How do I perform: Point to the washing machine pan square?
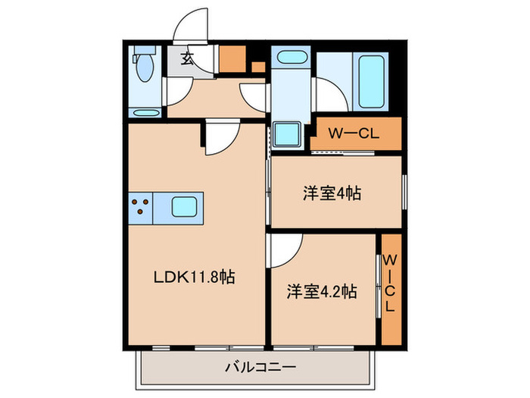pyautogui.click(x=288, y=134)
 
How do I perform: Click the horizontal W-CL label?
pyautogui.click(x=354, y=134)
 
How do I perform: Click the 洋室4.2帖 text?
pyautogui.click(x=322, y=290)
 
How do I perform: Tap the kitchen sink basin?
pyautogui.click(x=185, y=206)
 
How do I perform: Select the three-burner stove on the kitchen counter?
pyautogui.click(x=140, y=207)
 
